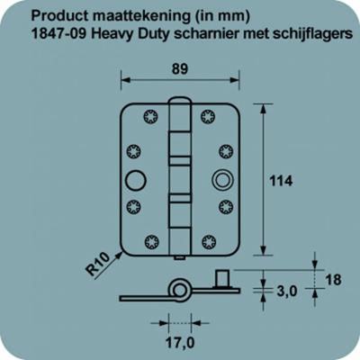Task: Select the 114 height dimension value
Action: click(282, 180)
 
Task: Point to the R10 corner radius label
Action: click(101, 265)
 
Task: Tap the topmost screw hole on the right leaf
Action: click(209, 116)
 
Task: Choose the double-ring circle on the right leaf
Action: click(220, 179)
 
